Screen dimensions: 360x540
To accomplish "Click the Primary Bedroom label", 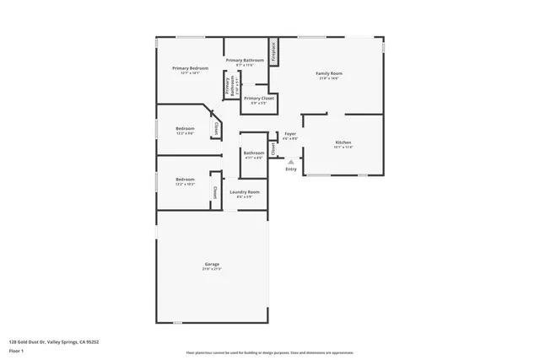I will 190,67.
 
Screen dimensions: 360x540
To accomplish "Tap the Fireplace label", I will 273,52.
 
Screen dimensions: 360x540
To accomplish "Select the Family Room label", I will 328,73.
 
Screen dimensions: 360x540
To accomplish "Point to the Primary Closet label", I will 258,99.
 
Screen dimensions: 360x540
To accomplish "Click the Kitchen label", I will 343,142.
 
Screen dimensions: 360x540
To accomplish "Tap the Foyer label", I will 289,133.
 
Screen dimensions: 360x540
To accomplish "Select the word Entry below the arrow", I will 291,169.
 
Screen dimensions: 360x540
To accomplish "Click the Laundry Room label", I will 244,192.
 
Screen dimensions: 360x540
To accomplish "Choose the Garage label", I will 211,264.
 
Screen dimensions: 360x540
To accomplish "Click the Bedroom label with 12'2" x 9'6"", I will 186,128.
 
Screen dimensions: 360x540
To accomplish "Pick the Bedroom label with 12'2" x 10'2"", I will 186,179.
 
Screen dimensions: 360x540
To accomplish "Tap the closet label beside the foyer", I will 273,148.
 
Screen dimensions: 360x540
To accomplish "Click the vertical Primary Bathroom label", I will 227,85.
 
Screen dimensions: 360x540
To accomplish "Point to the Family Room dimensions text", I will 328,78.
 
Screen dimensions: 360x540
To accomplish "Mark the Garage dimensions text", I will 211,269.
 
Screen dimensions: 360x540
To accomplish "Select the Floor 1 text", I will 16,350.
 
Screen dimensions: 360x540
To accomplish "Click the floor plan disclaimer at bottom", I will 269,352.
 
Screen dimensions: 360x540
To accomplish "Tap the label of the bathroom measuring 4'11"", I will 253,153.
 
